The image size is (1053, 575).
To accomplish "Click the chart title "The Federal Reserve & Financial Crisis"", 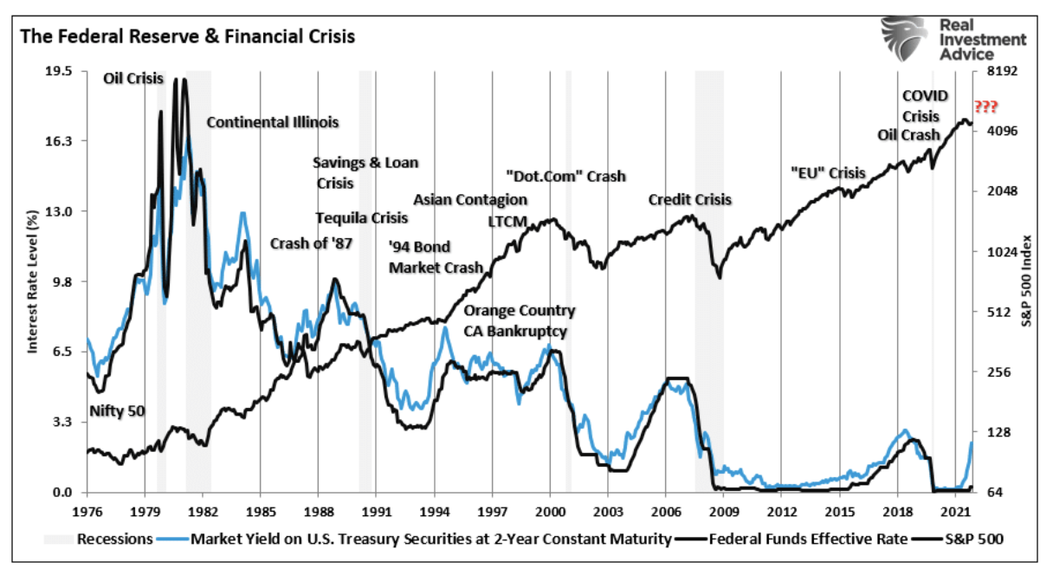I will (187, 37).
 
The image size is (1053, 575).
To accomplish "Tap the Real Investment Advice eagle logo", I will (907, 39).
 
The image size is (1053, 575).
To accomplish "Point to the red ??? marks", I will (985, 107).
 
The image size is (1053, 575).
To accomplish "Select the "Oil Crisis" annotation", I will (133, 78).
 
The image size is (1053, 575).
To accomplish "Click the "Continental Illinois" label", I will (272, 122).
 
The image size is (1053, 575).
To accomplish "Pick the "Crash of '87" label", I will (311, 243).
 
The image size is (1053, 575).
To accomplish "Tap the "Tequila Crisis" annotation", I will (361, 217).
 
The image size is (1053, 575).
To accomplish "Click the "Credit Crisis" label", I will (689, 200).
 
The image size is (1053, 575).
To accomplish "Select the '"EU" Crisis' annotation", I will (828, 173).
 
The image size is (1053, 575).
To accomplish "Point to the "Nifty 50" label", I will (116, 411).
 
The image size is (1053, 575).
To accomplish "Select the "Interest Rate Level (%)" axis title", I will (33, 281).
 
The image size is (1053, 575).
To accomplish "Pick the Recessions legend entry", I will (99, 539).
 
